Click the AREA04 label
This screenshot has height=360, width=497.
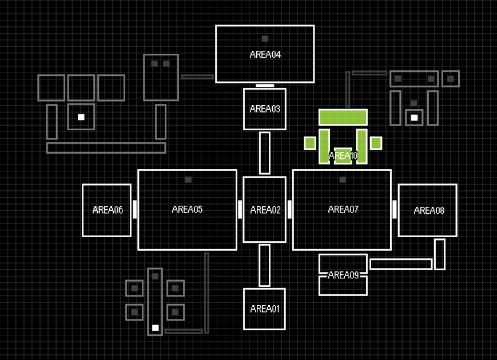tap(265, 55)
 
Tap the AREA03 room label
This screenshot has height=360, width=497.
tap(265, 109)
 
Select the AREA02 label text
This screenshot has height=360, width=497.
tap(265, 210)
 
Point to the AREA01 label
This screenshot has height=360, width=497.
tap(265, 309)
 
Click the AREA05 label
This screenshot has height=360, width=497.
tap(187, 210)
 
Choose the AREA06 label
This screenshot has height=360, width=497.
tap(108, 210)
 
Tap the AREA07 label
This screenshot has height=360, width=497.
tap(343, 210)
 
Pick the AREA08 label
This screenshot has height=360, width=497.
tap(429, 211)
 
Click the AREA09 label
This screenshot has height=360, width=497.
tap(343, 275)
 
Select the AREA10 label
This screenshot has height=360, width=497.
tap(343, 155)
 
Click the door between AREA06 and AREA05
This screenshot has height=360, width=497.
tap(135, 209)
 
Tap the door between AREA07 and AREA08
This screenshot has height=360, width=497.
tap(395, 209)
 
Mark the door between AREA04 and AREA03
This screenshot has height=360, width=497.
tap(265, 86)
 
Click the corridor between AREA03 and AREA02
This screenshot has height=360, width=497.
tap(265, 153)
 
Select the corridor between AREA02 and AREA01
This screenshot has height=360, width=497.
tap(265, 265)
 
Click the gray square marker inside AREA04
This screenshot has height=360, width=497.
tap(265, 39)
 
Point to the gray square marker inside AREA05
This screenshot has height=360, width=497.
tap(188, 179)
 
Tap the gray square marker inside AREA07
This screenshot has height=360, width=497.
tap(343, 179)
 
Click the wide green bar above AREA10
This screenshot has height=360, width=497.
tap(343, 117)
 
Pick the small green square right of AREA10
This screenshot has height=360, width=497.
tap(376, 143)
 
